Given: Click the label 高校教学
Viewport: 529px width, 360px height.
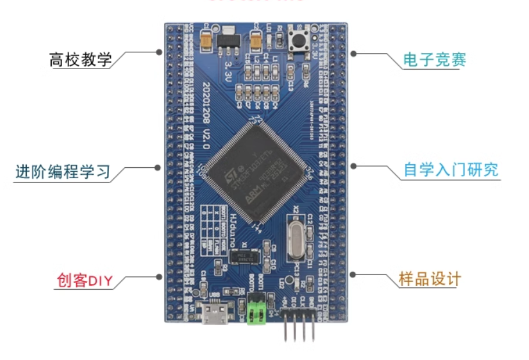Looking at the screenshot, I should (80, 60).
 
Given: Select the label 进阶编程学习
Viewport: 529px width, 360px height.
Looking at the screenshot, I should (63, 172).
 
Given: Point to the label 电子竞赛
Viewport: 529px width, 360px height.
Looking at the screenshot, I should (435, 60).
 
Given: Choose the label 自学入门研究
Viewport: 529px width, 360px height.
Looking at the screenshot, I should (451, 170).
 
